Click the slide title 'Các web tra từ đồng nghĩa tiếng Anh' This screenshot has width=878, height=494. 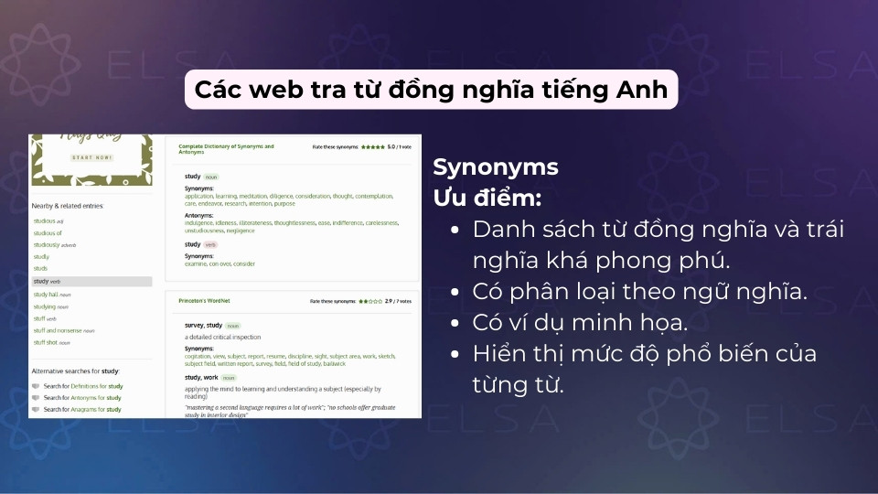[431, 90]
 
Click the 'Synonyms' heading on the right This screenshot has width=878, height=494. [495, 167]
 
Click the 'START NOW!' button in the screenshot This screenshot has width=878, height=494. [91, 157]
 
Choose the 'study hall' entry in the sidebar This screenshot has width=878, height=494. [51, 295]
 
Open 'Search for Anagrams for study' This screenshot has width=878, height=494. [81, 409]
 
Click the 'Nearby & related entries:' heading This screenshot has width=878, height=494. [68, 206]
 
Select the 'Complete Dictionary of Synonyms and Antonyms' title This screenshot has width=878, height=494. [226, 149]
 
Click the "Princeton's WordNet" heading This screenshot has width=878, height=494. [203, 300]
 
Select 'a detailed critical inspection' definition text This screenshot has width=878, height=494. [224, 337]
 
